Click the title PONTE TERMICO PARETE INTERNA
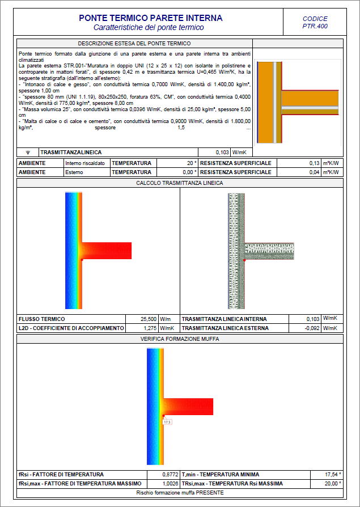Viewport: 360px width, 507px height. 150,18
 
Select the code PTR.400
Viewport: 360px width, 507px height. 315,26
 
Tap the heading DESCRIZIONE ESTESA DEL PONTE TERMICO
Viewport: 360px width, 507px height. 134,43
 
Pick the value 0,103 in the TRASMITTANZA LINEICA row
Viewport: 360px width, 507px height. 222,153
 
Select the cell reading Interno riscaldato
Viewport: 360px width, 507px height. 85,163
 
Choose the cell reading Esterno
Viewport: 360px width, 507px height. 74,172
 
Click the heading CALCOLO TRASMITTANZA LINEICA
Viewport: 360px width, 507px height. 180,183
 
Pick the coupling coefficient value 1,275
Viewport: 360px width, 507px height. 149,328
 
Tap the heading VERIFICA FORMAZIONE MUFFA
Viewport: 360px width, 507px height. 180,339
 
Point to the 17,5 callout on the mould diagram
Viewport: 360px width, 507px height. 167,422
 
